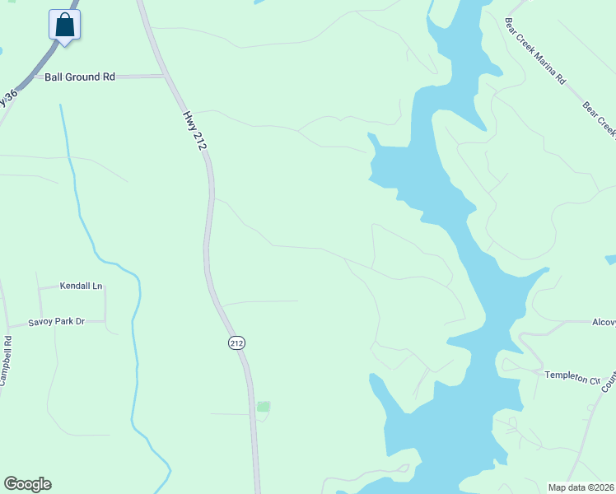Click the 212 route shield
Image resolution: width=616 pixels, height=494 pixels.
click(x=236, y=343)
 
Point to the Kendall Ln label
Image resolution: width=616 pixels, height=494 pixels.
click(x=82, y=287)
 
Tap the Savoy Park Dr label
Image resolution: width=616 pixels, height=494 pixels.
click(x=57, y=322)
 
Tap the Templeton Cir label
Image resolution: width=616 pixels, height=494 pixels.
click(x=572, y=377)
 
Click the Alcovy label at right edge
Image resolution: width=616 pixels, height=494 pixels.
click(x=604, y=323)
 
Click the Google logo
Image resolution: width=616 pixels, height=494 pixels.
click(x=27, y=484)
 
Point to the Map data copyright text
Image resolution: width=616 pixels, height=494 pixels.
click(x=581, y=487)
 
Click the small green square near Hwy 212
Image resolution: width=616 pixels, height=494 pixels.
click(x=264, y=407)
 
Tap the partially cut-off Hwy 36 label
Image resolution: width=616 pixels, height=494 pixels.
click(x=10, y=97)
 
